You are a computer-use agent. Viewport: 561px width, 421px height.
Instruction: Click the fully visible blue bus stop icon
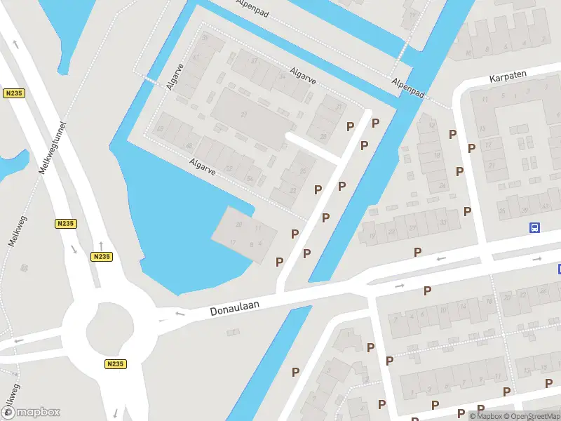point(534,227)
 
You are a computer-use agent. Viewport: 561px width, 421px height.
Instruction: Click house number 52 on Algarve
point(229,169)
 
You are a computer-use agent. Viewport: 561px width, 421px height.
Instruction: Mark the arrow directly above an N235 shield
point(101,245)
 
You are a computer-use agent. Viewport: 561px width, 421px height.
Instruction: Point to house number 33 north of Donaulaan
point(444,222)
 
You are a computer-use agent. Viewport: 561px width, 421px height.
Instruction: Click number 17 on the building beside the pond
point(232,242)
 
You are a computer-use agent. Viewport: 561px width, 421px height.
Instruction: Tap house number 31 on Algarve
point(339,107)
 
